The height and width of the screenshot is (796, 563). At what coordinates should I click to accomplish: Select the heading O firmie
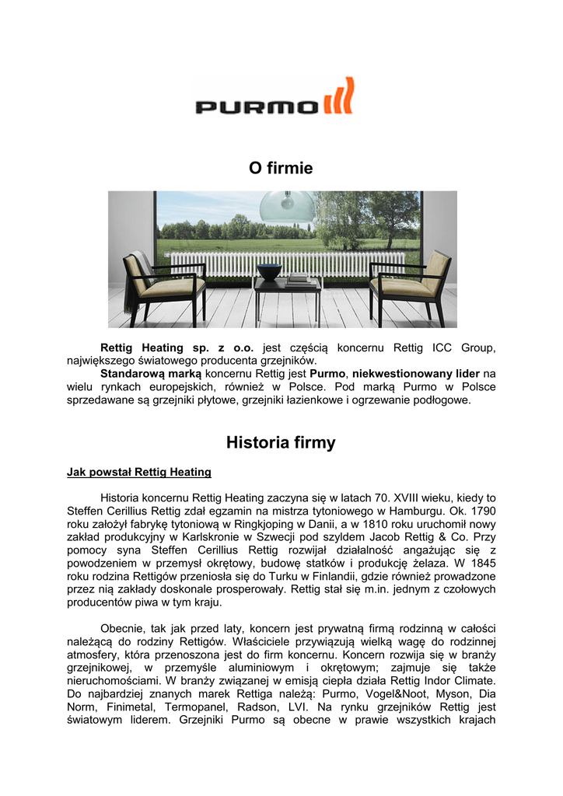[x=281, y=168]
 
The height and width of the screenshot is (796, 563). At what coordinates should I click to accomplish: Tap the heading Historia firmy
[x=281, y=443]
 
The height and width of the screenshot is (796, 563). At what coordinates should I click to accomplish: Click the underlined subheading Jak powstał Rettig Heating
[x=139, y=472]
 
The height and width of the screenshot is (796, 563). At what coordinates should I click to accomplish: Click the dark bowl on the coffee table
[x=269, y=272]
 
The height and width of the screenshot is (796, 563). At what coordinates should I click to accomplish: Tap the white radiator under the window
[x=288, y=264]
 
